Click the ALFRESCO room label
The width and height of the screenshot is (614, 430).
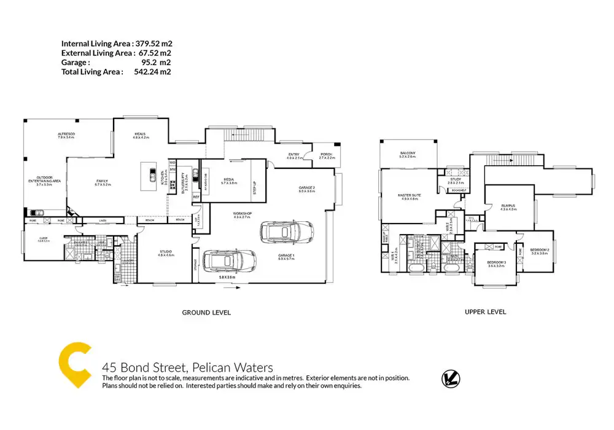tap(66, 134)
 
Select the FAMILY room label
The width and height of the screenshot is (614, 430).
tap(102, 181)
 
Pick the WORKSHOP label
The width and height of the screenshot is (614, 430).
tap(243, 214)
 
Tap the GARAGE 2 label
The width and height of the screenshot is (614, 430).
tap(306, 187)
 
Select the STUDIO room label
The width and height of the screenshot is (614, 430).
tap(166, 251)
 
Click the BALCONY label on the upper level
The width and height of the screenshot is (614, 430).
tap(408, 153)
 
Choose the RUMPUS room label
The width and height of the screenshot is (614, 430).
tap(508, 206)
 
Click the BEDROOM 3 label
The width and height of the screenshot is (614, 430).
tap(495, 263)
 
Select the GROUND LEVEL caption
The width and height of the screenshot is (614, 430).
tap(206, 313)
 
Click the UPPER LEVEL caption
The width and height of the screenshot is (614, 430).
tap(485, 312)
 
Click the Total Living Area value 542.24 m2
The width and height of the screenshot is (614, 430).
tap(152, 72)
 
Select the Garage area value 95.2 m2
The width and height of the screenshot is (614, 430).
tap(156, 63)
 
